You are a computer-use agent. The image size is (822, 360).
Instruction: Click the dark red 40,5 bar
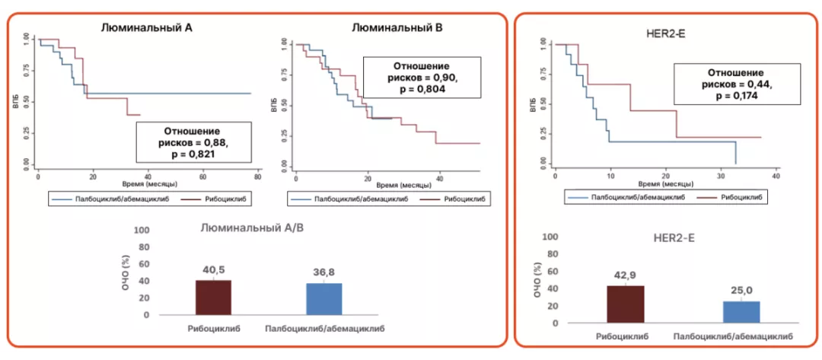click(214, 298)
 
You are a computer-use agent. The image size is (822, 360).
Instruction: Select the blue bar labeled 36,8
click(324, 299)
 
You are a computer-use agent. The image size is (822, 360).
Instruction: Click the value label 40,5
click(214, 269)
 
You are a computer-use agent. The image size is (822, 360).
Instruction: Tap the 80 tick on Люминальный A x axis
click(257, 176)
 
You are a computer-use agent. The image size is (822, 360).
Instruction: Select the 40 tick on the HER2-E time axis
click(776, 176)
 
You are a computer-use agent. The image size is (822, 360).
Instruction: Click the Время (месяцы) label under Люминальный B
click(406, 185)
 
